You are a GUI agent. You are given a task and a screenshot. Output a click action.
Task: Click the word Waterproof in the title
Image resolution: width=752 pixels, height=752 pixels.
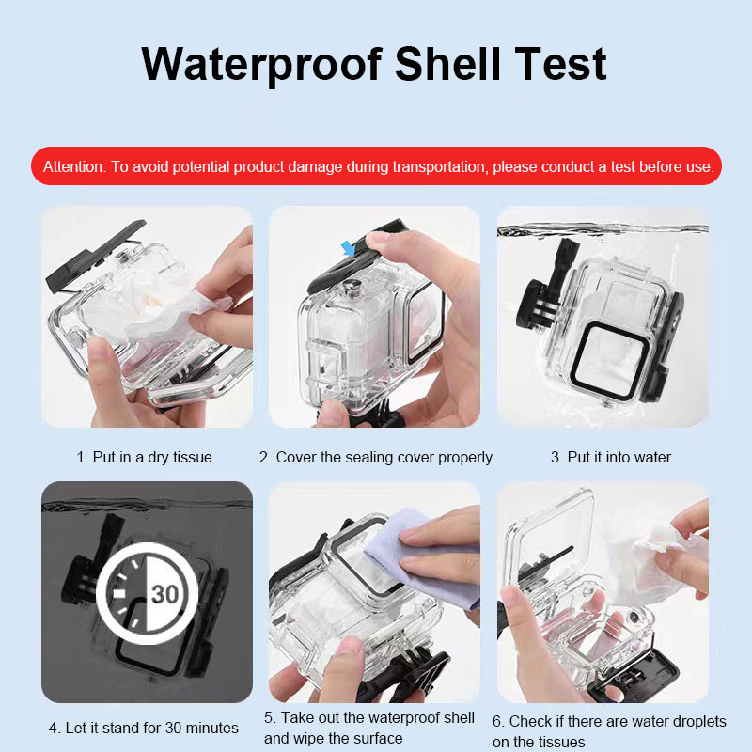pos(262,65)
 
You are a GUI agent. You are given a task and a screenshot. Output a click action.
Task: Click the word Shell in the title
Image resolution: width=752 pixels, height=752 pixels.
pos(447,64)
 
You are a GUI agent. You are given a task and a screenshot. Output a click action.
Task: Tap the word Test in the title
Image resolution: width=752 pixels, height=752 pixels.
pos(560,64)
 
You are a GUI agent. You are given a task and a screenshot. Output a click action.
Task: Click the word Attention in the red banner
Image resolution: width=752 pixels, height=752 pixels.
pos(74,167)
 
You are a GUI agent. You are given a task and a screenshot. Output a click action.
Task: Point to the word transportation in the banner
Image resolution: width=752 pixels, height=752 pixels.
pos(438,167)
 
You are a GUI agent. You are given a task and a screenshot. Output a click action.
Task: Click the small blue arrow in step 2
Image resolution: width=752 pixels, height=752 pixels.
pos(348,248)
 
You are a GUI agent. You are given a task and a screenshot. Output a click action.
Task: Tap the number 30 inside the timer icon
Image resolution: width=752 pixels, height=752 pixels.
pos(165,595)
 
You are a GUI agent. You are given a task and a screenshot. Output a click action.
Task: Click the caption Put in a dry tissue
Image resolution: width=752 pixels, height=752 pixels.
pos(145,457)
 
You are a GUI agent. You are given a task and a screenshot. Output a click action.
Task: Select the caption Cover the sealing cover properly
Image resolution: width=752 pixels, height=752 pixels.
pos(375,458)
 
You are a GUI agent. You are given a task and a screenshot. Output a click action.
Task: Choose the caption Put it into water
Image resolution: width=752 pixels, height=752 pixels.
pos(610,457)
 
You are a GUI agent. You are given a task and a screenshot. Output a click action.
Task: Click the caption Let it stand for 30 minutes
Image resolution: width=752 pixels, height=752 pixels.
pos(144,728)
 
